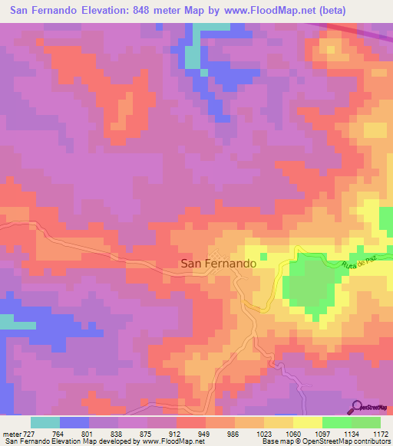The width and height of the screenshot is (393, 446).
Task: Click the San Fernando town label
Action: pos(218,263)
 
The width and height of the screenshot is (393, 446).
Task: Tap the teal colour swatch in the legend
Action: pos(45,422)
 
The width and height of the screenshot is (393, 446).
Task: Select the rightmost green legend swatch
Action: pos(366,422)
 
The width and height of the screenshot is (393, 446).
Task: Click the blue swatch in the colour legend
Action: pos(74,422)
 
